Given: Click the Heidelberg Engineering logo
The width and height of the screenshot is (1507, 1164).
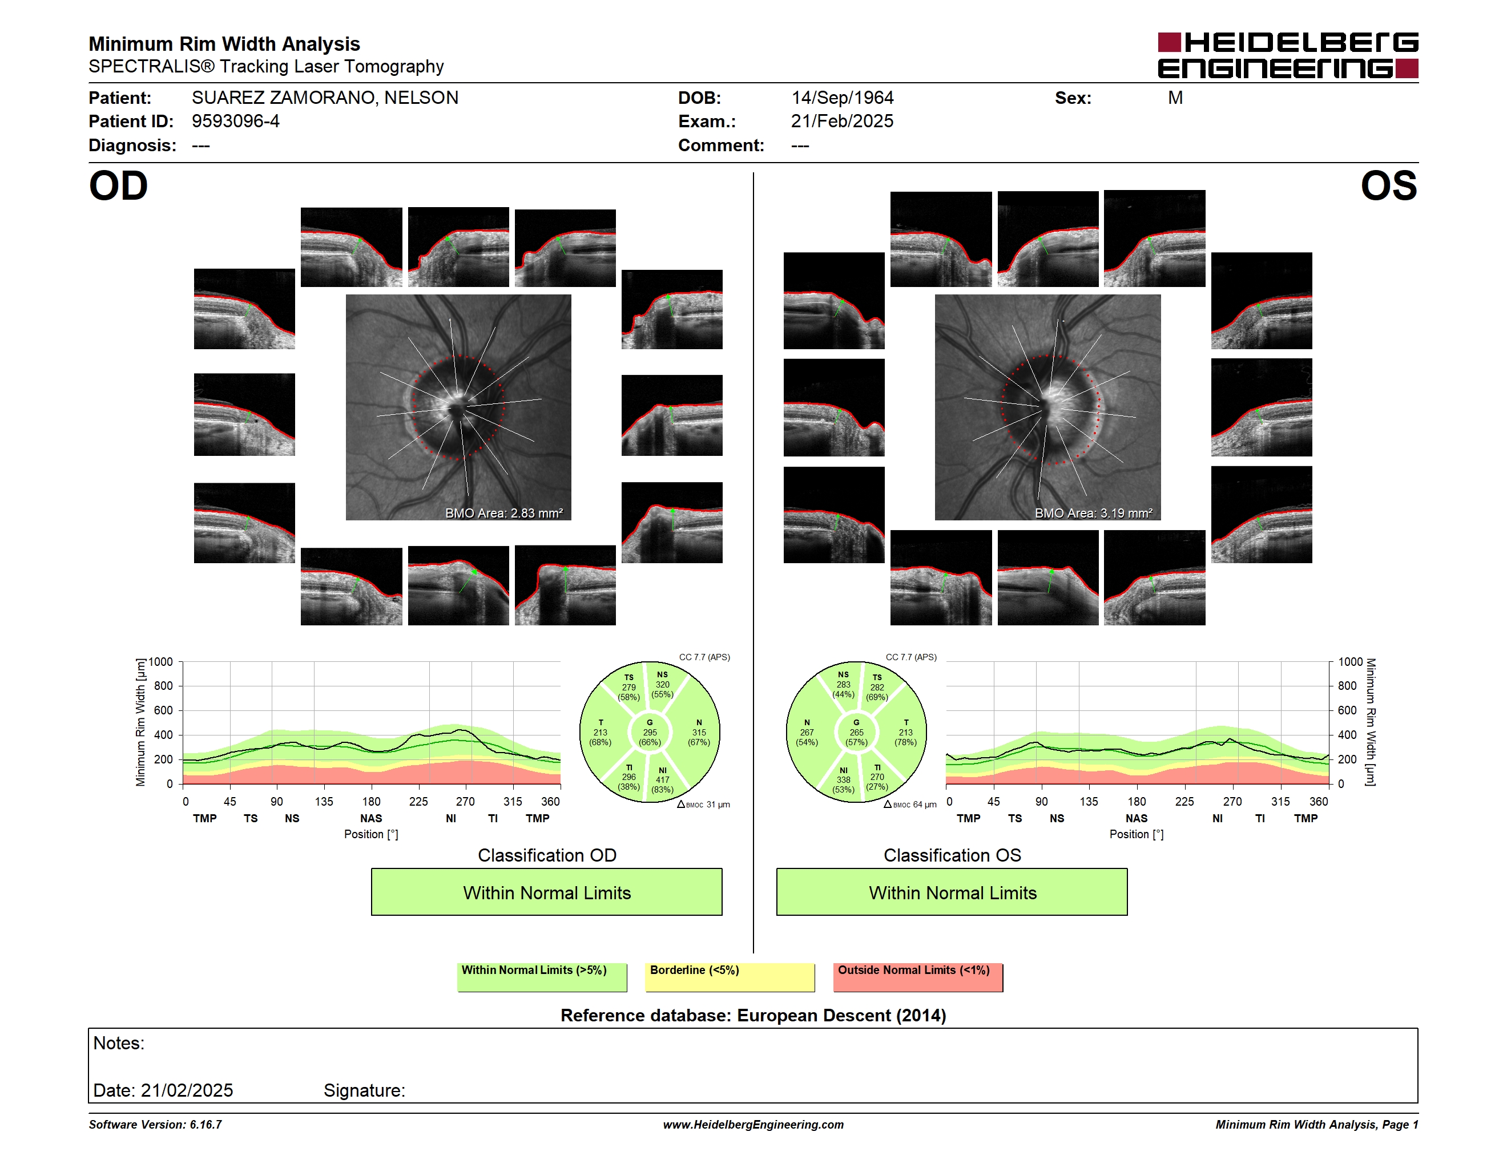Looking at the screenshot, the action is tap(1288, 55).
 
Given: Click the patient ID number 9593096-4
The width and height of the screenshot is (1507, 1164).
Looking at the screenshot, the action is tap(235, 122).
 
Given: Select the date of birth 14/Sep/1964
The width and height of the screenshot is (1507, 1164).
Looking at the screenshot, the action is tap(842, 98).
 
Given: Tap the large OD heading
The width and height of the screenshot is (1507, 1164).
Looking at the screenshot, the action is tap(118, 186).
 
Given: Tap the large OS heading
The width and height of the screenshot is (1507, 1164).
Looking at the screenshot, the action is tap(1388, 186).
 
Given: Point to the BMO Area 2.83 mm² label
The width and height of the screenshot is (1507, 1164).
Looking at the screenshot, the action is tap(503, 513).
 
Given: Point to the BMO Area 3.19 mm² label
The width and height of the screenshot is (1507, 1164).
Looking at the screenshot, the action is tap(1094, 513).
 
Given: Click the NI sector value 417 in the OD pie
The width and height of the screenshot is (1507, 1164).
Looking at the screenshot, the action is tap(662, 780).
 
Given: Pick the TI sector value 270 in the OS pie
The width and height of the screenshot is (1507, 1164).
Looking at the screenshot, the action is tap(877, 777).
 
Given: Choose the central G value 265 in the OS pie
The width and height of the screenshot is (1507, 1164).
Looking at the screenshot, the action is tap(856, 732).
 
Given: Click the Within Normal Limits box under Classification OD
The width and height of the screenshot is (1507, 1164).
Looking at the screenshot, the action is tap(546, 892).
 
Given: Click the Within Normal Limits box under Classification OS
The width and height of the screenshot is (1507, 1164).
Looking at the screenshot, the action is tap(952, 892).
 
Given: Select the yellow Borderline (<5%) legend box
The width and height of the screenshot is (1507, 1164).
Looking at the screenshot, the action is tap(730, 977).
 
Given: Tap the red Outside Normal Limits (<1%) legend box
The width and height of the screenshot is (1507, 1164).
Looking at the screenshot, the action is tap(918, 977).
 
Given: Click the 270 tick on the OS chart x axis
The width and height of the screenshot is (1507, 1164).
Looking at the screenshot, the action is tap(1232, 801).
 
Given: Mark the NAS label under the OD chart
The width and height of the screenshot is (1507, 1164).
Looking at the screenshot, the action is tap(371, 819).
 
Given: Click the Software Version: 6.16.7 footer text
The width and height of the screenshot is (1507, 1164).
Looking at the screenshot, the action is tap(155, 1125).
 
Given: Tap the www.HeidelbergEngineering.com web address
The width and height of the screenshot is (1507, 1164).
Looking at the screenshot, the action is tap(753, 1125).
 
